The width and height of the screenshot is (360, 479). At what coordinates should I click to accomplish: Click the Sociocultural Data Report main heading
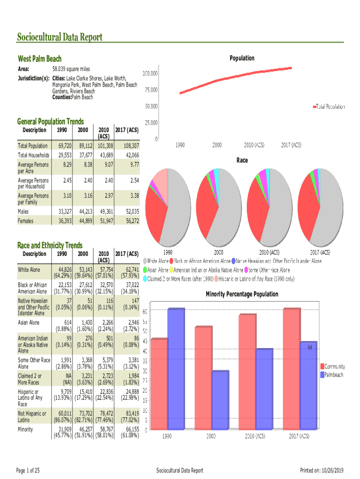(x=59, y=37)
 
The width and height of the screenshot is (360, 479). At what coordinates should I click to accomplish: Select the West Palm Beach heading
(x=39, y=59)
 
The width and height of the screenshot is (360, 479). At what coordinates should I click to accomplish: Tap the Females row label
(x=26, y=220)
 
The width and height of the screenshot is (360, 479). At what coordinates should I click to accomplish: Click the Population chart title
(x=242, y=58)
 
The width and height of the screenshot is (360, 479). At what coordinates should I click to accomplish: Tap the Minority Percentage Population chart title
(x=242, y=294)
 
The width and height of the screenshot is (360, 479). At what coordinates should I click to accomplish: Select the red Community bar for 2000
(x=203, y=377)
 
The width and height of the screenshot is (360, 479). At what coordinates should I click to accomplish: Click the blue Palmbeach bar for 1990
(x=176, y=369)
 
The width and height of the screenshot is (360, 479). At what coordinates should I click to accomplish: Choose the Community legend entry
(x=332, y=366)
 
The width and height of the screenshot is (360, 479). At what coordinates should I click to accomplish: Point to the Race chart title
(x=242, y=160)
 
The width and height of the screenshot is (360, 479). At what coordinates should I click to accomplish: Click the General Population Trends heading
(x=50, y=122)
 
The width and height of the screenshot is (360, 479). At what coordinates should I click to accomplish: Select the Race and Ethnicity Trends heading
(x=50, y=245)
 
